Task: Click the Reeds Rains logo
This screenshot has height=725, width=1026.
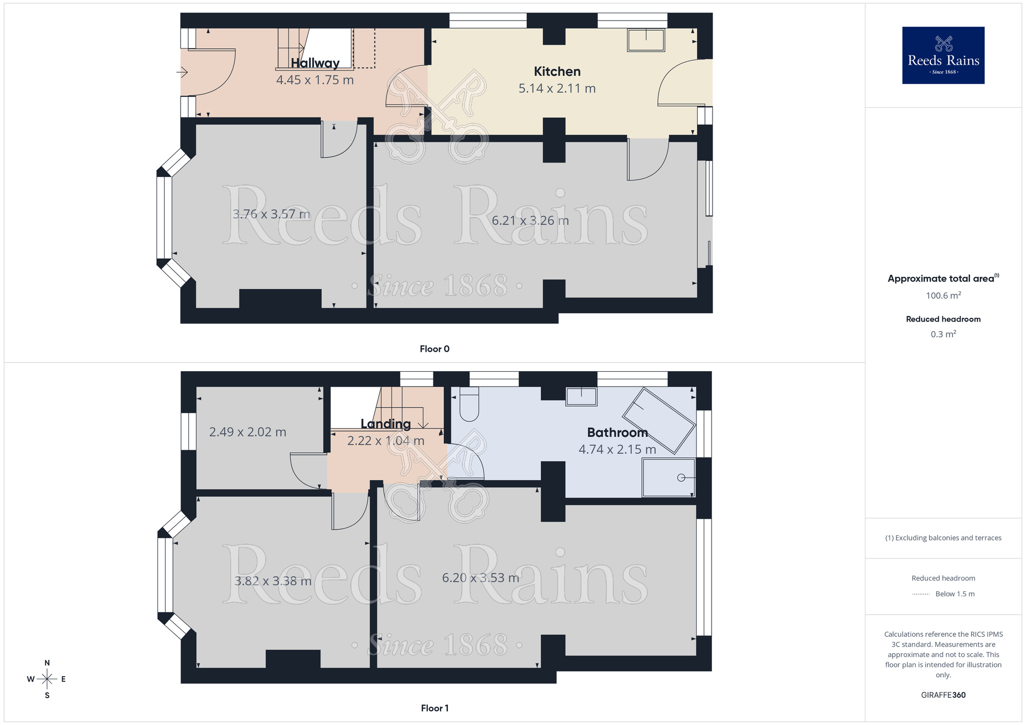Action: coord(943,55)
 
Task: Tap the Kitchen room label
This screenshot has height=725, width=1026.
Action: coord(557,72)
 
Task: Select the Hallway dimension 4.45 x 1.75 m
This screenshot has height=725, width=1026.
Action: coord(314,80)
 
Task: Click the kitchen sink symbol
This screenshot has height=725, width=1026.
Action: coord(646,40)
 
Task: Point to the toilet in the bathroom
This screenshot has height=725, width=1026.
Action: coord(469,404)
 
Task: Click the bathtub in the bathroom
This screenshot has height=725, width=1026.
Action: coord(659,421)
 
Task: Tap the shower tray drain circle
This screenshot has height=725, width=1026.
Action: coord(681,478)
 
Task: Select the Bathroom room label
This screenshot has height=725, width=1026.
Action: coord(617,432)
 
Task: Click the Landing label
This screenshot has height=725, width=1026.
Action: coord(385,424)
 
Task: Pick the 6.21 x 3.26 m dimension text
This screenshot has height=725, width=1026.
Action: coord(530,220)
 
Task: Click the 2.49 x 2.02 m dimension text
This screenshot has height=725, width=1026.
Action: coord(247,432)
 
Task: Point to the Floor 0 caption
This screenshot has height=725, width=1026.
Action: coord(434,349)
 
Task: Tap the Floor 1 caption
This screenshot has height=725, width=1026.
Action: coord(434,708)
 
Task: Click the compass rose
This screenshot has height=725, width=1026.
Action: coord(47,679)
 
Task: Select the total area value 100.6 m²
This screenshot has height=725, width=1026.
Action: coord(943,295)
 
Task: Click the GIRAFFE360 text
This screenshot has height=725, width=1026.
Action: coord(943,695)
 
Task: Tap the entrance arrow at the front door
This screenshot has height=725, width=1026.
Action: coord(182,72)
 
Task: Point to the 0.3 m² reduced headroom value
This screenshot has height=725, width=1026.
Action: coord(943,334)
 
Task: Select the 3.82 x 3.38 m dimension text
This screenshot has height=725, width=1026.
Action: coord(272,581)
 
